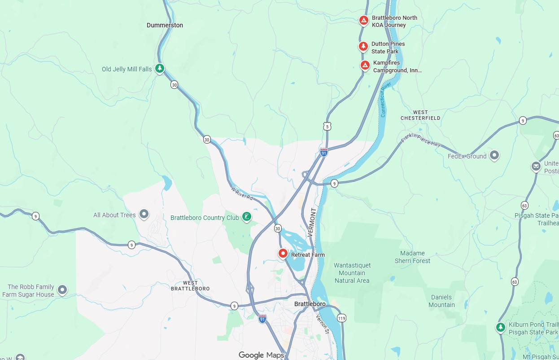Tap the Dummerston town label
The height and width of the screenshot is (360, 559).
pyautogui.click(x=165, y=25)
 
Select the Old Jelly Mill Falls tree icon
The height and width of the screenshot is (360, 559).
pyautogui.click(x=159, y=69)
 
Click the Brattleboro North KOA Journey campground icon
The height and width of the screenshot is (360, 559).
pyautogui.click(x=364, y=21)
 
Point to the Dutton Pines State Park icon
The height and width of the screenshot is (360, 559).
pyautogui.click(x=363, y=46)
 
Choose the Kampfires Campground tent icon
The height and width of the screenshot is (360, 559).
pyautogui.click(x=365, y=66)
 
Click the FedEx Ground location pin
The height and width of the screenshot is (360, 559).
pyautogui.click(x=494, y=156)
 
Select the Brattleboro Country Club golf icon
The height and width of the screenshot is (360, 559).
pyautogui.click(x=246, y=217)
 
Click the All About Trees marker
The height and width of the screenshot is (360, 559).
pyautogui.click(x=144, y=215)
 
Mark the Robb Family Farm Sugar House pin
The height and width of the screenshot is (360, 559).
pyautogui.click(x=62, y=290)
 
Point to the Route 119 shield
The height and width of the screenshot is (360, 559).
pyautogui.click(x=342, y=318)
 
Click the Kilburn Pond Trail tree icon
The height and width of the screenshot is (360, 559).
pyautogui.click(x=501, y=327)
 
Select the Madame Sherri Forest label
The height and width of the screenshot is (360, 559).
pyautogui.click(x=412, y=257)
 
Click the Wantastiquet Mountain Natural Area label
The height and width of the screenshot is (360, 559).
pyautogui.click(x=352, y=273)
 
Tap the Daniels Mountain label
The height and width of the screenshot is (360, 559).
pyautogui.click(x=441, y=301)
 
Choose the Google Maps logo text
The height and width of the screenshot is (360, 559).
pyautogui.click(x=261, y=355)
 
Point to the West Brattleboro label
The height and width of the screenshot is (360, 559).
pyautogui.click(x=190, y=285)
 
